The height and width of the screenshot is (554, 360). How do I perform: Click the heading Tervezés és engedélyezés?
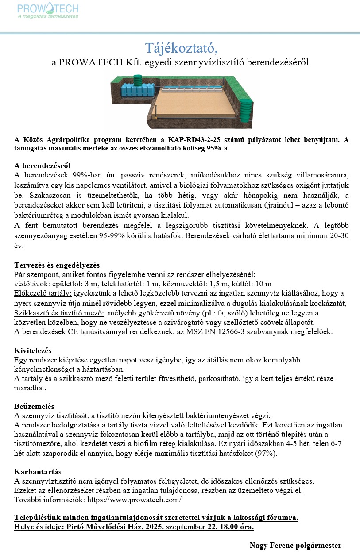(57, 265)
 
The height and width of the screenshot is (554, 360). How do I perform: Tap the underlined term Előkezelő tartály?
(43, 293)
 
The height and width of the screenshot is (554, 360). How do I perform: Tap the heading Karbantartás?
(38, 472)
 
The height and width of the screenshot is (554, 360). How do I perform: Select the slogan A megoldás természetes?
(47, 16)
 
